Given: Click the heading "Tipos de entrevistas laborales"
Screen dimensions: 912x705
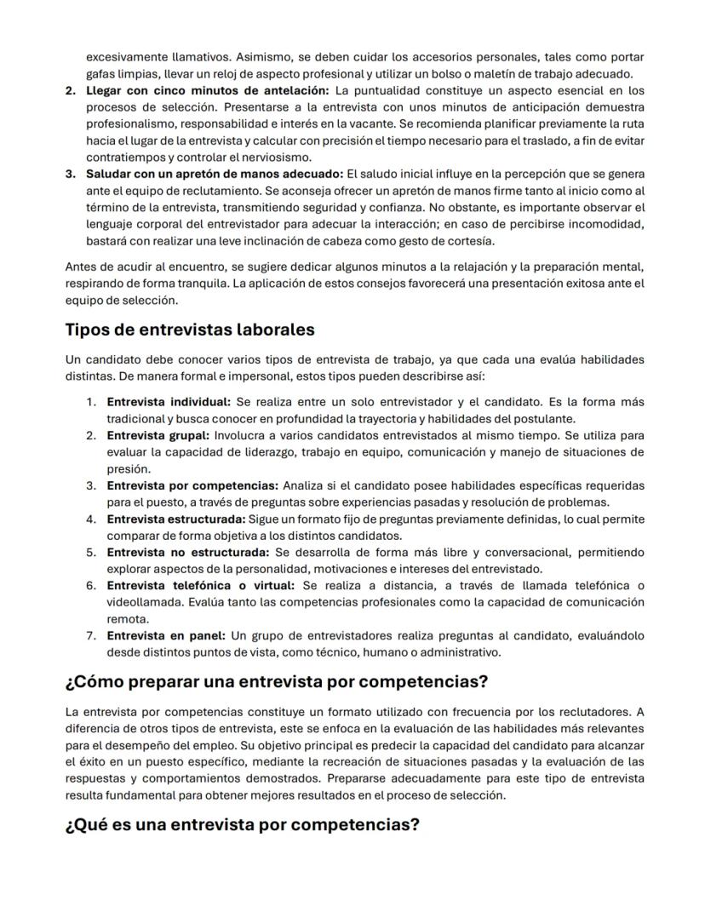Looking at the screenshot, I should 190,330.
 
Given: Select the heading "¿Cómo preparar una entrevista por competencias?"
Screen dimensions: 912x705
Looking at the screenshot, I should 276,682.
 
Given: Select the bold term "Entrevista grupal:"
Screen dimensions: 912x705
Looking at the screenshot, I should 159,435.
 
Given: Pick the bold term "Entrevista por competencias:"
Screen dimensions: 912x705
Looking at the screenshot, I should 192,485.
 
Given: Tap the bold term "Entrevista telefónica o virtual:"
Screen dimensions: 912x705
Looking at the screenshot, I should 200,585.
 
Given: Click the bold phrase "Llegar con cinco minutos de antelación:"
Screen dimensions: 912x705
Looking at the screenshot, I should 207,90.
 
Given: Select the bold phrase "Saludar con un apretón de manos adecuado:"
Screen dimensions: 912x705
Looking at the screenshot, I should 215,174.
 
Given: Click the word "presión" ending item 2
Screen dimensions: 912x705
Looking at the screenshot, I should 128,468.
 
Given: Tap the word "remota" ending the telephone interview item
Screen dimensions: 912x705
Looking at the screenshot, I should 127,619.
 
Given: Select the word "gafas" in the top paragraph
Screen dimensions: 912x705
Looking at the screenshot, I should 100,73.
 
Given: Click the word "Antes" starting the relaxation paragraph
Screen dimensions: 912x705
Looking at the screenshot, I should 81,267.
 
